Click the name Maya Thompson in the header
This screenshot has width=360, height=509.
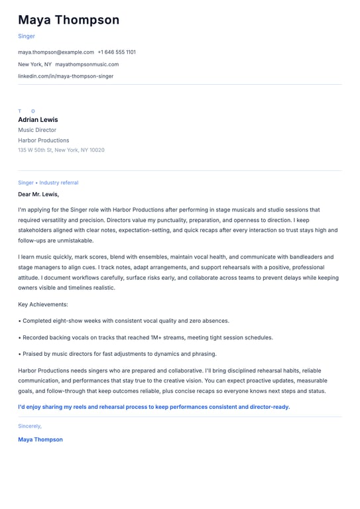tap(69, 20)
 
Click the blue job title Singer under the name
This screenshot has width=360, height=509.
tap(27, 36)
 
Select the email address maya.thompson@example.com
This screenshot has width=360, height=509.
tap(56, 52)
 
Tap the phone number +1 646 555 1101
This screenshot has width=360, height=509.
tap(117, 52)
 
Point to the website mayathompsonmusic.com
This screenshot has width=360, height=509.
tap(87, 64)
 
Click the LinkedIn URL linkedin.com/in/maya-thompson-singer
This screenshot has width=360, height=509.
tap(66, 76)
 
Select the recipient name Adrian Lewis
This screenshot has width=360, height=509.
tap(38, 120)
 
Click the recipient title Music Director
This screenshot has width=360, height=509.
tap(37, 130)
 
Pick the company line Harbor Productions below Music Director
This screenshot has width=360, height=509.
tap(44, 141)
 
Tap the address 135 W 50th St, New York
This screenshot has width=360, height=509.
tap(61, 150)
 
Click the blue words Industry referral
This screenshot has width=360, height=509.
tap(58, 183)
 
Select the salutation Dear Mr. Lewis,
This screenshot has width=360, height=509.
tap(38, 194)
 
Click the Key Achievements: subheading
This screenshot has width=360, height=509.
tap(43, 304)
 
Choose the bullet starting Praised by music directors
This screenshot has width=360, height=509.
tap(119, 354)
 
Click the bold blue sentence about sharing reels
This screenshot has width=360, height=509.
tap(154, 407)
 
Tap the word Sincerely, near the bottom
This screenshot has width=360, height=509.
tap(30, 426)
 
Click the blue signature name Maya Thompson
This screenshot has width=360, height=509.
tap(40, 439)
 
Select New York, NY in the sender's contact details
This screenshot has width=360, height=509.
tap(34, 64)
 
